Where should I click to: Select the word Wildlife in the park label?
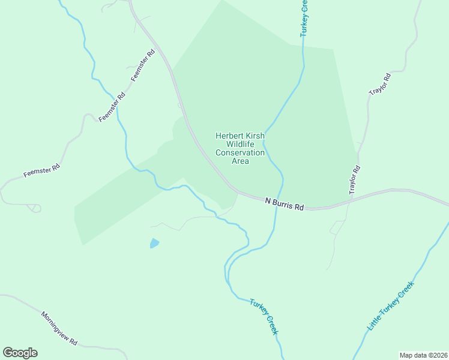tap(240, 145)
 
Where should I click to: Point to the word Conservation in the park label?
tap(240, 153)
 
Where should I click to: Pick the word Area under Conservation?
tap(240, 161)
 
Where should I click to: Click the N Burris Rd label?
tap(285, 205)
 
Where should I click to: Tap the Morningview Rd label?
tap(59, 328)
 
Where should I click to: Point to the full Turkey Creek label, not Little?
tap(264, 317)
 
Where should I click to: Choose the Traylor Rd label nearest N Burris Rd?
tap(354, 179)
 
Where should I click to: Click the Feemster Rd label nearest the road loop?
tap(42, 170)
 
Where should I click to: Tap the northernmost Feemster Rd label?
tap(143, 66)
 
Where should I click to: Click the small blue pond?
tap(154, 243)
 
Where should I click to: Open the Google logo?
tap(20, 353)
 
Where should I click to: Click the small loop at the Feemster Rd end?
tap(35, 208)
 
